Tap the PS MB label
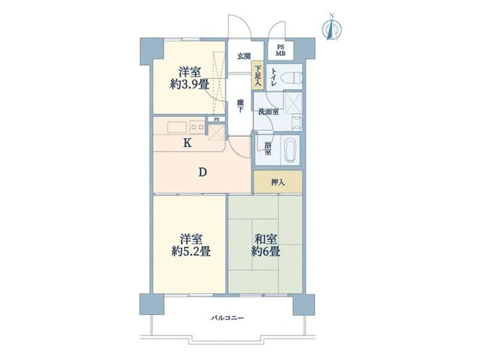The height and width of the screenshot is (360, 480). pyautogui.click(x=280, y=51)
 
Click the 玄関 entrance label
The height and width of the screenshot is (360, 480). pyautogui.click(x=244, y=57)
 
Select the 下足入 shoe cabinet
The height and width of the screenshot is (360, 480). pyautogui.click(x=258, y=76)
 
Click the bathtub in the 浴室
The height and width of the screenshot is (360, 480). pyautogui.click(x=291, y=150)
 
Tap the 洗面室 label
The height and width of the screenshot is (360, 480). pyautogui.click(x=268, y=112)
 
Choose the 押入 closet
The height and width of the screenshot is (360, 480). pyautogui.click(x=278, y=182)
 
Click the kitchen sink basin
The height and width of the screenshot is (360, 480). pyautogui.click(x=177, y=127)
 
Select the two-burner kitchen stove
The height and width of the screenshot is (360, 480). pyautogui.click(x=197, y=127)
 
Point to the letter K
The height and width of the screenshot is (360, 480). pyautogui.click(x=187, y=143)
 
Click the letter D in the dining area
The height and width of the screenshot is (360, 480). pyautogui.click(x=202, y=172)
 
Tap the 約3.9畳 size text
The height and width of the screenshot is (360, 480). pyautogui.click(x=189, y=84)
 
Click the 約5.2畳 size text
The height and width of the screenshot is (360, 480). pyautogui.click(x=191, y=251)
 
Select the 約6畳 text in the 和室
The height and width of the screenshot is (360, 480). pyautogui.click(x=266, y=251)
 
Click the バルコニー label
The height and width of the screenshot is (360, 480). pyautogui.click(x=227, y=318)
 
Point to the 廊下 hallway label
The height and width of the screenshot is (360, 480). pyautogui.click(x=241, y=106)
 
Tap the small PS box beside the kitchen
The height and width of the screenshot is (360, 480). pyautogui.click(x=216, y=119)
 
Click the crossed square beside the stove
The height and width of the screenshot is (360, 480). pyautogui.click(x=216, y=133)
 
